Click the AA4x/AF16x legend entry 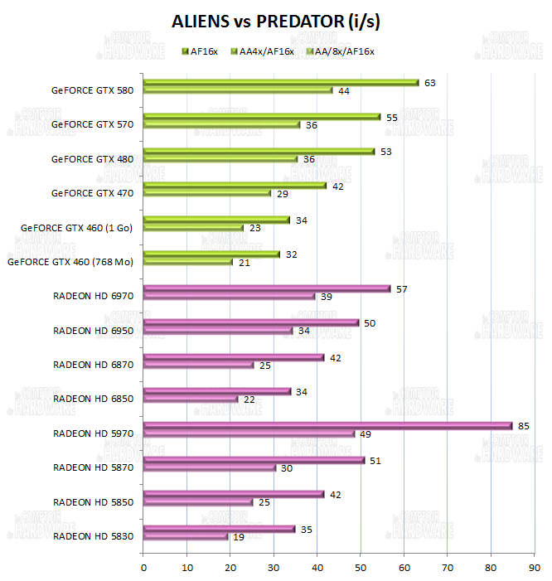point(263,51)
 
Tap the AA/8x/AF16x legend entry point(341,51)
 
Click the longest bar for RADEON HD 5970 point(328,425)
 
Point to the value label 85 point(523,425)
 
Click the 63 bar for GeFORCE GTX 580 point(281,82)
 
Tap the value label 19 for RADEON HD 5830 point(239,536)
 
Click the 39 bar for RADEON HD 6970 point(230,296)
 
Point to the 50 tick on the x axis point(361,567)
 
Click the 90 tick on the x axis point(535,567)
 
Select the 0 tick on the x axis point(143,567)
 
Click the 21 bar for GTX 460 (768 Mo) point(188,262)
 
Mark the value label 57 point(402,288)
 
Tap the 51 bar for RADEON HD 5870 point(254,460)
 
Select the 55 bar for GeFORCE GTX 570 point(262,117)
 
